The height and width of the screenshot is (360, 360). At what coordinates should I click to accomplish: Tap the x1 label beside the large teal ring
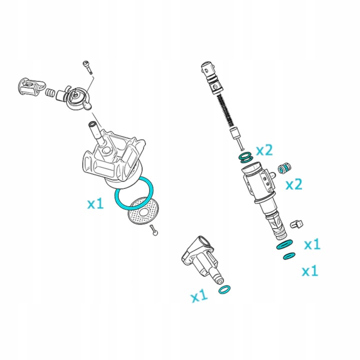coord(95,203)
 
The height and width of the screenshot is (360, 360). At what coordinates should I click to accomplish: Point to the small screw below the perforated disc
coord(154,230)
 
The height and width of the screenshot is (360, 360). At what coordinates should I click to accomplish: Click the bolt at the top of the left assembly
coord(87,67)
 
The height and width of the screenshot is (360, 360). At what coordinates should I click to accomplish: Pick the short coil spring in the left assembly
coord(50,92)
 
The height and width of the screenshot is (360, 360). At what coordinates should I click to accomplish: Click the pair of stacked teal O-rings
coord(245,157)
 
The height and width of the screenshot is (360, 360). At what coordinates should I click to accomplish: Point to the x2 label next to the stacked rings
coord(264,150)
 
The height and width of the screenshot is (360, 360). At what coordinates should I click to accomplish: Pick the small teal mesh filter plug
coord(284,168)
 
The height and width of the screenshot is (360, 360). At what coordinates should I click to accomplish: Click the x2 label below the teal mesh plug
coord(294,184)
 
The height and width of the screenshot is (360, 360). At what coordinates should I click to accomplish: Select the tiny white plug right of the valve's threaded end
coord(296,224)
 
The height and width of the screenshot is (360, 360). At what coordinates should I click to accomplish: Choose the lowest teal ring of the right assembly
coord(289,256)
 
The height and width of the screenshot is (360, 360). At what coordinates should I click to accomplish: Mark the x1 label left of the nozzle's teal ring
coord(199,295)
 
